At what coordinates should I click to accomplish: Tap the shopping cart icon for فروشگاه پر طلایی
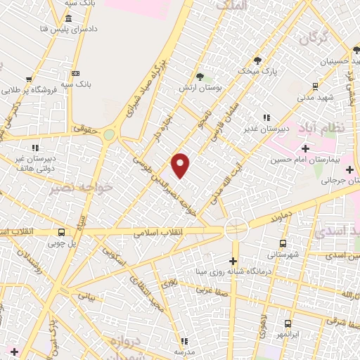pyautogui.click(x=29, y=79)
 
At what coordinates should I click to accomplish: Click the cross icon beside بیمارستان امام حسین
pyautogui.click(x=304, y=148)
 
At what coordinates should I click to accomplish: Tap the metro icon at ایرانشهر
pyautogui.click(x=288, y=324)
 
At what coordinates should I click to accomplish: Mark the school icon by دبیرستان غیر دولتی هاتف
pyautogui.click(x=34, y=148)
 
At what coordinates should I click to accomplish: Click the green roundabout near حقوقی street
pyautogui.click(x=108, y=134)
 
